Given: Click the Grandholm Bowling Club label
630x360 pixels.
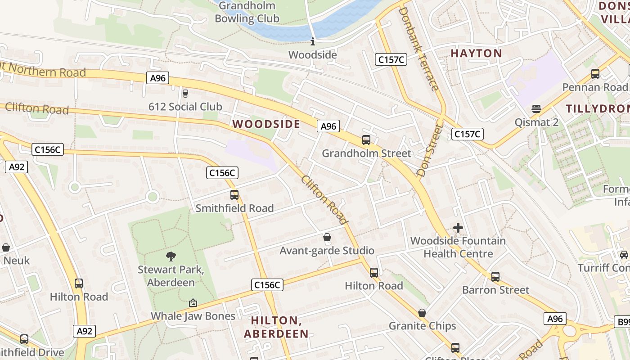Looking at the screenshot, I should pos(247,13).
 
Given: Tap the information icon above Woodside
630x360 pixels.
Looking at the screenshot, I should pos(313,42).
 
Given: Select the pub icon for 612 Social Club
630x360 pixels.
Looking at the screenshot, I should pos(185,94).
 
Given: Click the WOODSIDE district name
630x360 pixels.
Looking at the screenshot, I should pos(266,124).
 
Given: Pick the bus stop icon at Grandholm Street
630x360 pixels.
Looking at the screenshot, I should pos(366,140).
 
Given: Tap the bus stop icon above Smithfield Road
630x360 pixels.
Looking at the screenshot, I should pos(234,195).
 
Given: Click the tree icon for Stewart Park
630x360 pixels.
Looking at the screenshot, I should pos(171,256).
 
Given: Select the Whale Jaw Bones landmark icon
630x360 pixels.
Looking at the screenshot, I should pos(193,303).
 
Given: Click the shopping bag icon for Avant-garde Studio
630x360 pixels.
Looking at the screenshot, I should pos(327,237).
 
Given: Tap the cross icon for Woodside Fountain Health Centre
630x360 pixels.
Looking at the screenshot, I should pos(458,228).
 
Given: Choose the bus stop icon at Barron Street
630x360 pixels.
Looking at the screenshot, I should pos(495,277).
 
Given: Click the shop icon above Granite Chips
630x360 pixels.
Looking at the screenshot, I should pos(422,313).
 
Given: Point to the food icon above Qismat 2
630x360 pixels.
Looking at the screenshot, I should pos(536,109).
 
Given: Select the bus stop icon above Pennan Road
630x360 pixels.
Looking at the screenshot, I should pos(595,74).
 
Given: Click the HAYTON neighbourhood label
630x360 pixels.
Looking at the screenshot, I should pos(476,54).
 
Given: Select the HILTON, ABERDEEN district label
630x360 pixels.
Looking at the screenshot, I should pos(276,327).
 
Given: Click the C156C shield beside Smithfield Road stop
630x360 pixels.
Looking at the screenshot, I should pos(222,173).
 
